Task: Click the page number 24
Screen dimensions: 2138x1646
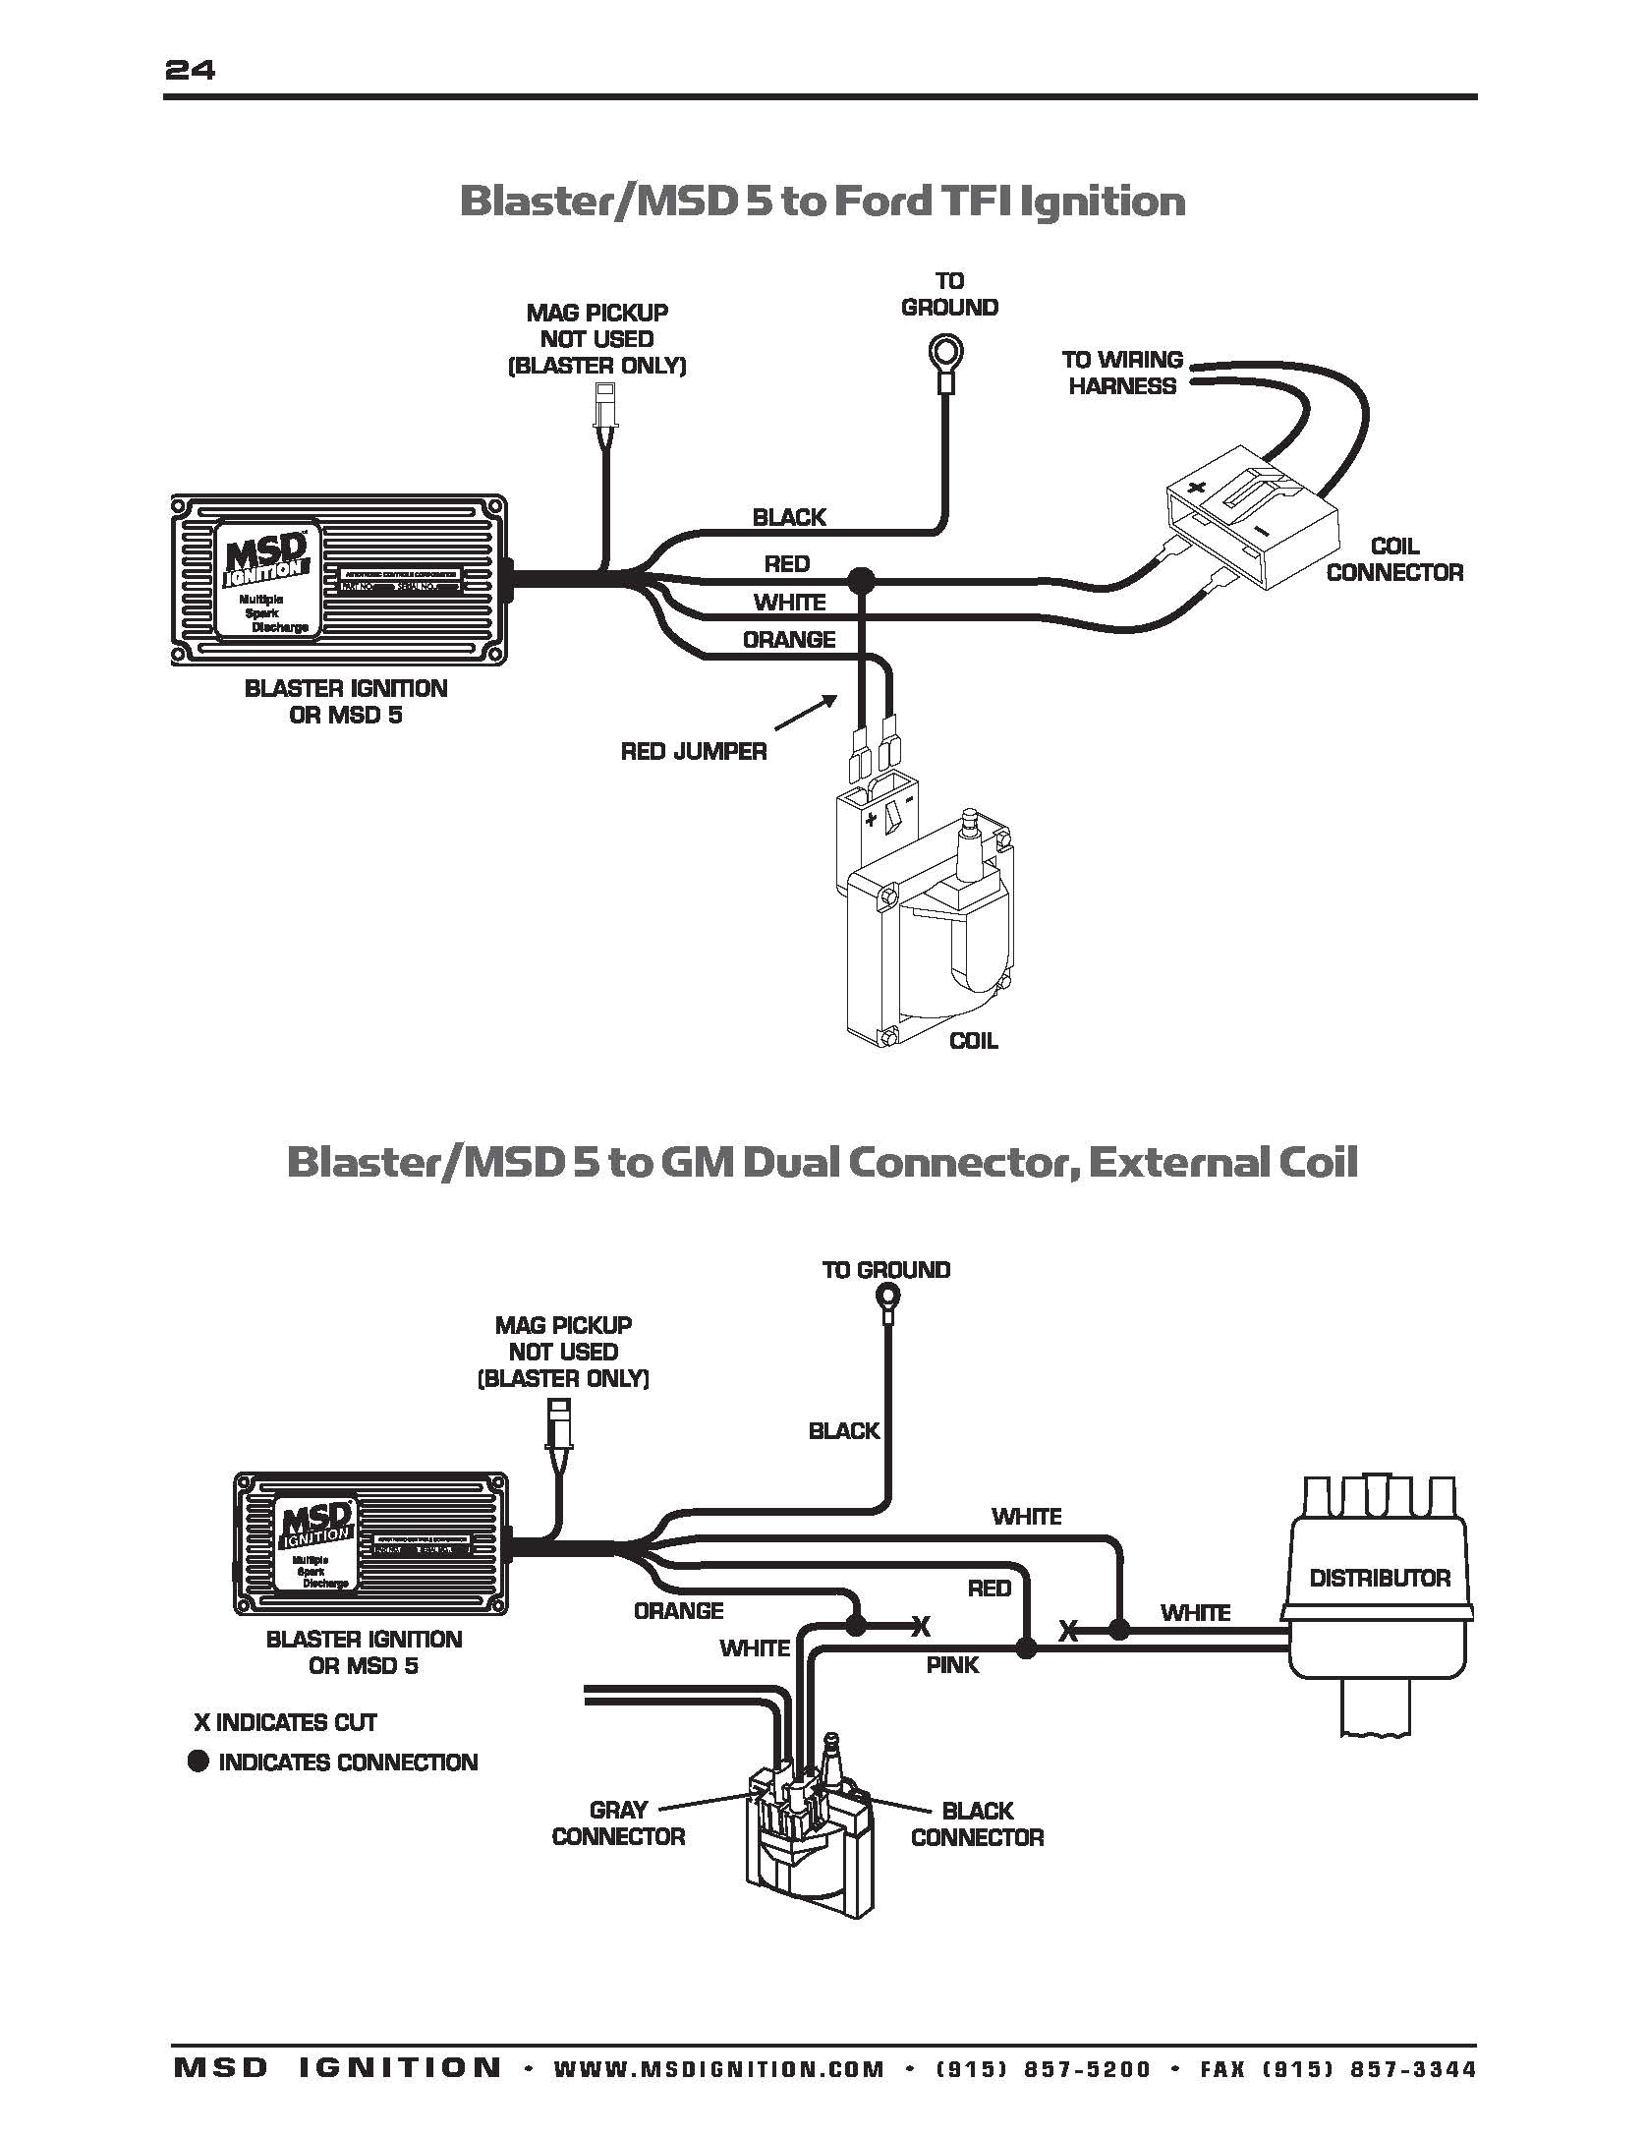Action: coord(190,70)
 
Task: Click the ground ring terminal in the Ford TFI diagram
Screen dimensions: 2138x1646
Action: coord(948,353)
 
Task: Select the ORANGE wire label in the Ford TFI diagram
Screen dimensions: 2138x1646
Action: coord(788,640)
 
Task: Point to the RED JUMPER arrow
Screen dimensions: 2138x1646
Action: coord(806,713)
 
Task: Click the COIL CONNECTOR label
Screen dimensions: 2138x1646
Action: coord(1393,559)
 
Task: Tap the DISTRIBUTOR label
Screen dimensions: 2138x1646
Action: coord(1379,1578)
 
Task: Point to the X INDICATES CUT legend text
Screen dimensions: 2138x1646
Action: coord(285,1722)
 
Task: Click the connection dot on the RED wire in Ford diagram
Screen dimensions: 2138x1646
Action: coord(862,580)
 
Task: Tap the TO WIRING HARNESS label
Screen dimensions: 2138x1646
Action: coord(1122,373)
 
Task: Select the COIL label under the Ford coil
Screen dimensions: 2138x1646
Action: coord(973,1041)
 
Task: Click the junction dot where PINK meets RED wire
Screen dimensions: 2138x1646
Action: coord(1025,1648)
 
